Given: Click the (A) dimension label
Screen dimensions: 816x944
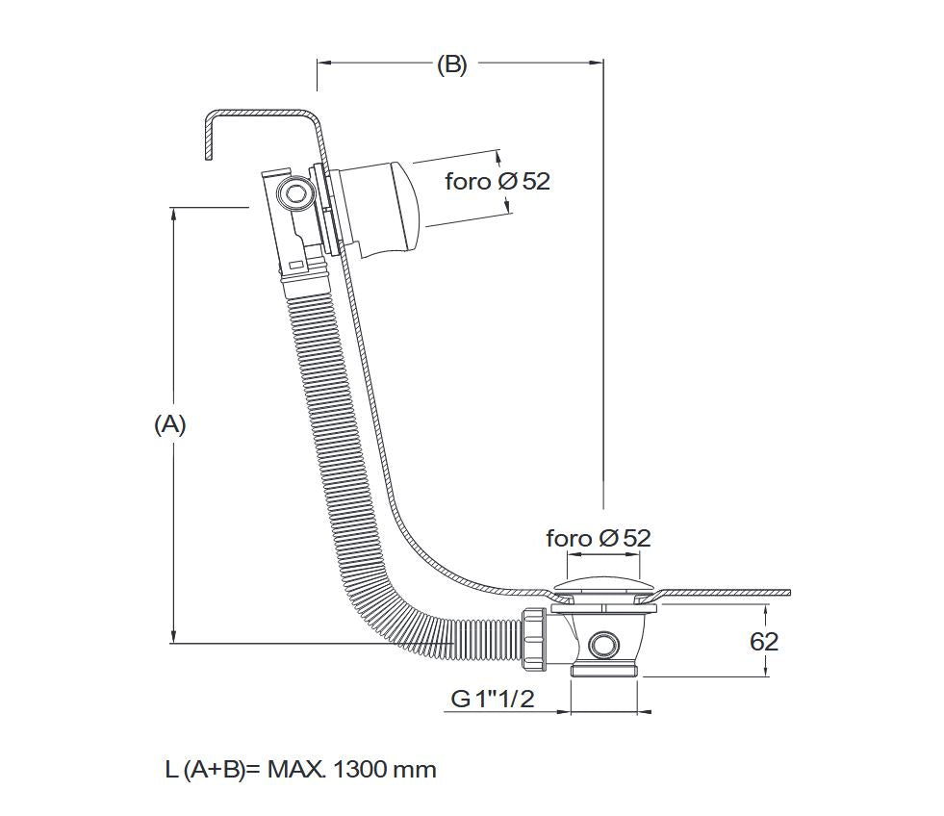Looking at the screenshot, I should click(x=169, y=425).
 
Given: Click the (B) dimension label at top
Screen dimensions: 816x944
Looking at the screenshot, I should click(x=451, y=65).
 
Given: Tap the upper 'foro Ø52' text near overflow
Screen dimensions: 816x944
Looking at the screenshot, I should click(x=497, y=181).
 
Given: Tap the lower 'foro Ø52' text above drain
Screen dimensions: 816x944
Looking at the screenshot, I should click(x=598, y=538).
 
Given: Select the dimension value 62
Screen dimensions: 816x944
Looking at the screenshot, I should click(x=763, y=642).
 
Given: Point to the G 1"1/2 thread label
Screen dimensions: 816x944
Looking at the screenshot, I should click(x=492, y=699).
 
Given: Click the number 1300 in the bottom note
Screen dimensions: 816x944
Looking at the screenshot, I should click(x=363, y=770).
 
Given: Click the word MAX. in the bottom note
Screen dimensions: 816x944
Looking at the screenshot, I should click(x=298, y=770).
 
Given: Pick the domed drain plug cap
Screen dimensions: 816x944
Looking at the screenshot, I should click(x=604, y=587).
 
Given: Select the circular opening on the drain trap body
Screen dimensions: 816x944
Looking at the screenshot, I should click(x=605, y=645).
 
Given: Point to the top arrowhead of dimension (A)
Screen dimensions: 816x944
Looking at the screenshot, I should click(x=173, y=214).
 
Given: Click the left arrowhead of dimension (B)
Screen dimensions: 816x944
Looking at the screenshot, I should click(x=324, y=64).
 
